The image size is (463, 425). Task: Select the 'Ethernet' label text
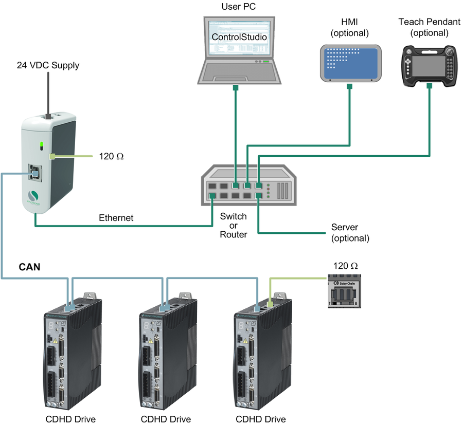(x=116, y=218)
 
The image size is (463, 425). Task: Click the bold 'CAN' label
(x=29, y=267)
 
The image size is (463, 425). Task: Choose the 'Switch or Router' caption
(x=233, y=225)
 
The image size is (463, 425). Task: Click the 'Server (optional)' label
(x=350, y=232)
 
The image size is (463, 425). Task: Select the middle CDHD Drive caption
(x=166, y=419)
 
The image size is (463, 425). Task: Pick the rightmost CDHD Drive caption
(x=260, y=419)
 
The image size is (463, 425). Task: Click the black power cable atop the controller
(x=47, y=95)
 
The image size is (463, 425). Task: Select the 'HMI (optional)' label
(x=350, y=28)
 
